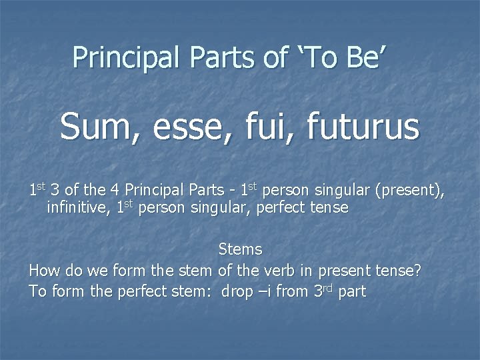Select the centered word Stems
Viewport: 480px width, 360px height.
pos(240,250)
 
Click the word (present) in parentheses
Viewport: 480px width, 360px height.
pos(409,191)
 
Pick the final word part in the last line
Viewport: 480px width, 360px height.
pos(352,293)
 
